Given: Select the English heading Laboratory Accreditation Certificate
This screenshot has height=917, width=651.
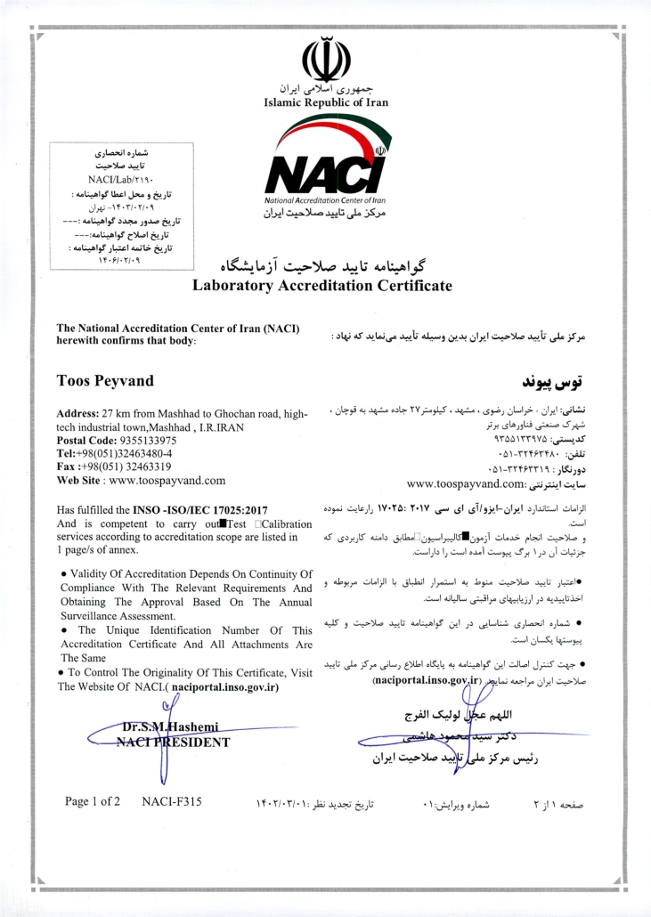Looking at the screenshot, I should (x=321, y=286).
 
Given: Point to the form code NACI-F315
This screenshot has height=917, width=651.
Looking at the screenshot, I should (x=171, y=801).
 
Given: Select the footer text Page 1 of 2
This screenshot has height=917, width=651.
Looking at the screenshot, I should (x=94, y=801).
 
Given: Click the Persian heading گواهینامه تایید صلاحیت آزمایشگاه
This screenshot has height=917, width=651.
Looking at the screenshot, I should (x=322, y=266).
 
